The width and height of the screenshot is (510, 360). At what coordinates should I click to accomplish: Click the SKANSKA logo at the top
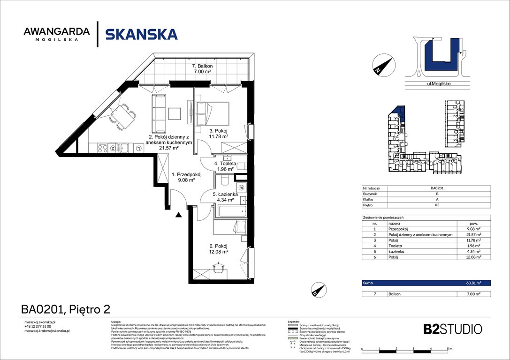pos(141,34)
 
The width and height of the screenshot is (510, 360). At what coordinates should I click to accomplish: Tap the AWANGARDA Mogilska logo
pos(56,34)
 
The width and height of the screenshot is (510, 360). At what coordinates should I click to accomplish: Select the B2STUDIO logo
pos(446,329)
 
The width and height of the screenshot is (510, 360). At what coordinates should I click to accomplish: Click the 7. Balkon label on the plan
pos(202,69)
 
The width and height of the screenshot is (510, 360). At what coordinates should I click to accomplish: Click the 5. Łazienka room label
pos(225,197)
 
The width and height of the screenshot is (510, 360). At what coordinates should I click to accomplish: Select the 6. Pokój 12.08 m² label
pos(219,248)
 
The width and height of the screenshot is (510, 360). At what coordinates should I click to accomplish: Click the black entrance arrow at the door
pos(178,215)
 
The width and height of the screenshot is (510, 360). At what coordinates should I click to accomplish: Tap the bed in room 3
pos(212,112)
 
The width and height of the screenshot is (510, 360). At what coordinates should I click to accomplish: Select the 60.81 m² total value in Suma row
pos(474,283)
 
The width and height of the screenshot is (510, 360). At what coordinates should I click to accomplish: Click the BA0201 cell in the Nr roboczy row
pos(437,188)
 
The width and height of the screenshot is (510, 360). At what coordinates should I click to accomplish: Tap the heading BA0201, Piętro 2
pos(66,309)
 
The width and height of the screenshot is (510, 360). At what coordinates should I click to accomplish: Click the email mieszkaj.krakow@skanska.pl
pos(47,331)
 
